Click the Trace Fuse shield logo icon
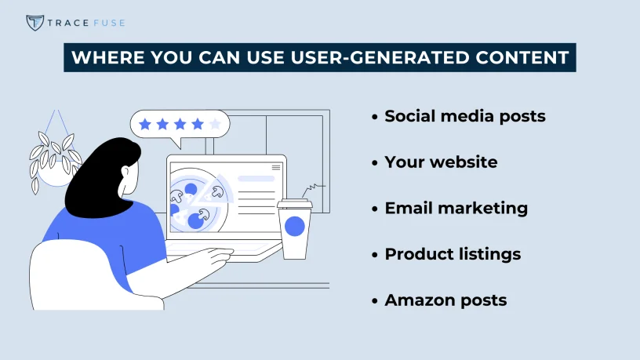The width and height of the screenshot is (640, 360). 35,22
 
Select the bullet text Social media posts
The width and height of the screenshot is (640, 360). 465,116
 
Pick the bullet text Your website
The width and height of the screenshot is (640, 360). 441,162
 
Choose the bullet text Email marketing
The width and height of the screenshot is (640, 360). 456,208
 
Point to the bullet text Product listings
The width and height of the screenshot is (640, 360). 453,254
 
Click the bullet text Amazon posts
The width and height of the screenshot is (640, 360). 445,300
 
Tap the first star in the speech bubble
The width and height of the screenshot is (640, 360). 144,123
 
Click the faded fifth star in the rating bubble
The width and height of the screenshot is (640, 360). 215,123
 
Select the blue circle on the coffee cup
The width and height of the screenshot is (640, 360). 294,227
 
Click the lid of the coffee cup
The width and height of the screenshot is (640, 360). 294,205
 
